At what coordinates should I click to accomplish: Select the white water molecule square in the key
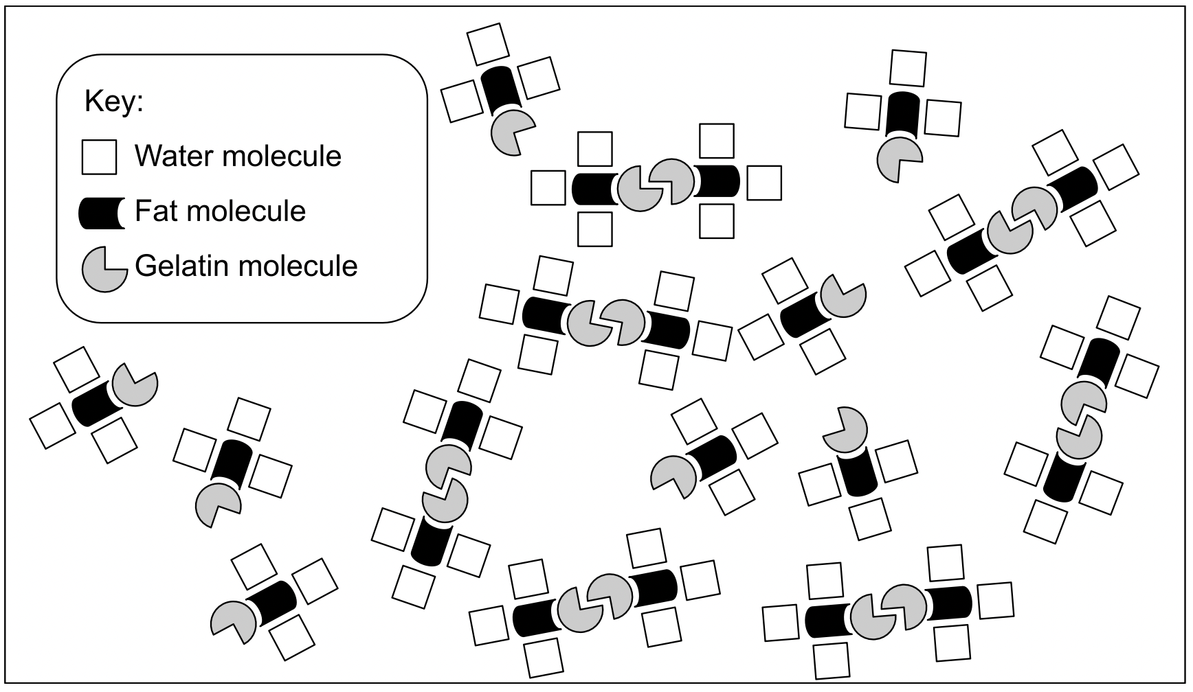pyautogui.click(x=99, y=157)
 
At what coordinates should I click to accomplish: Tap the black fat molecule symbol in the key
pyautogui.click(x=102, y=213)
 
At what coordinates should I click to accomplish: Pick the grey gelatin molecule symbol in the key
pyautogui.click(x=103, y=268)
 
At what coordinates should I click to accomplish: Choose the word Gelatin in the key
pyautogui.click(x=177, y=266)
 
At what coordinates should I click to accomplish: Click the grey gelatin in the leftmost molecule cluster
pyautogui.click(x=135, y=384)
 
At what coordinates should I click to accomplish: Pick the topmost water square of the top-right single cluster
pyautogui.click(x=908, y=68)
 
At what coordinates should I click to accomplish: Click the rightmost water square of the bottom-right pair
pyautogui.click(x=995, y=600)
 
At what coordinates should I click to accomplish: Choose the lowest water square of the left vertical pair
pyautogui.click(x=415, y=587)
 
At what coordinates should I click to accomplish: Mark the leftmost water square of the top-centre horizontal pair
pyautogui.click(x=548, y=188)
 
